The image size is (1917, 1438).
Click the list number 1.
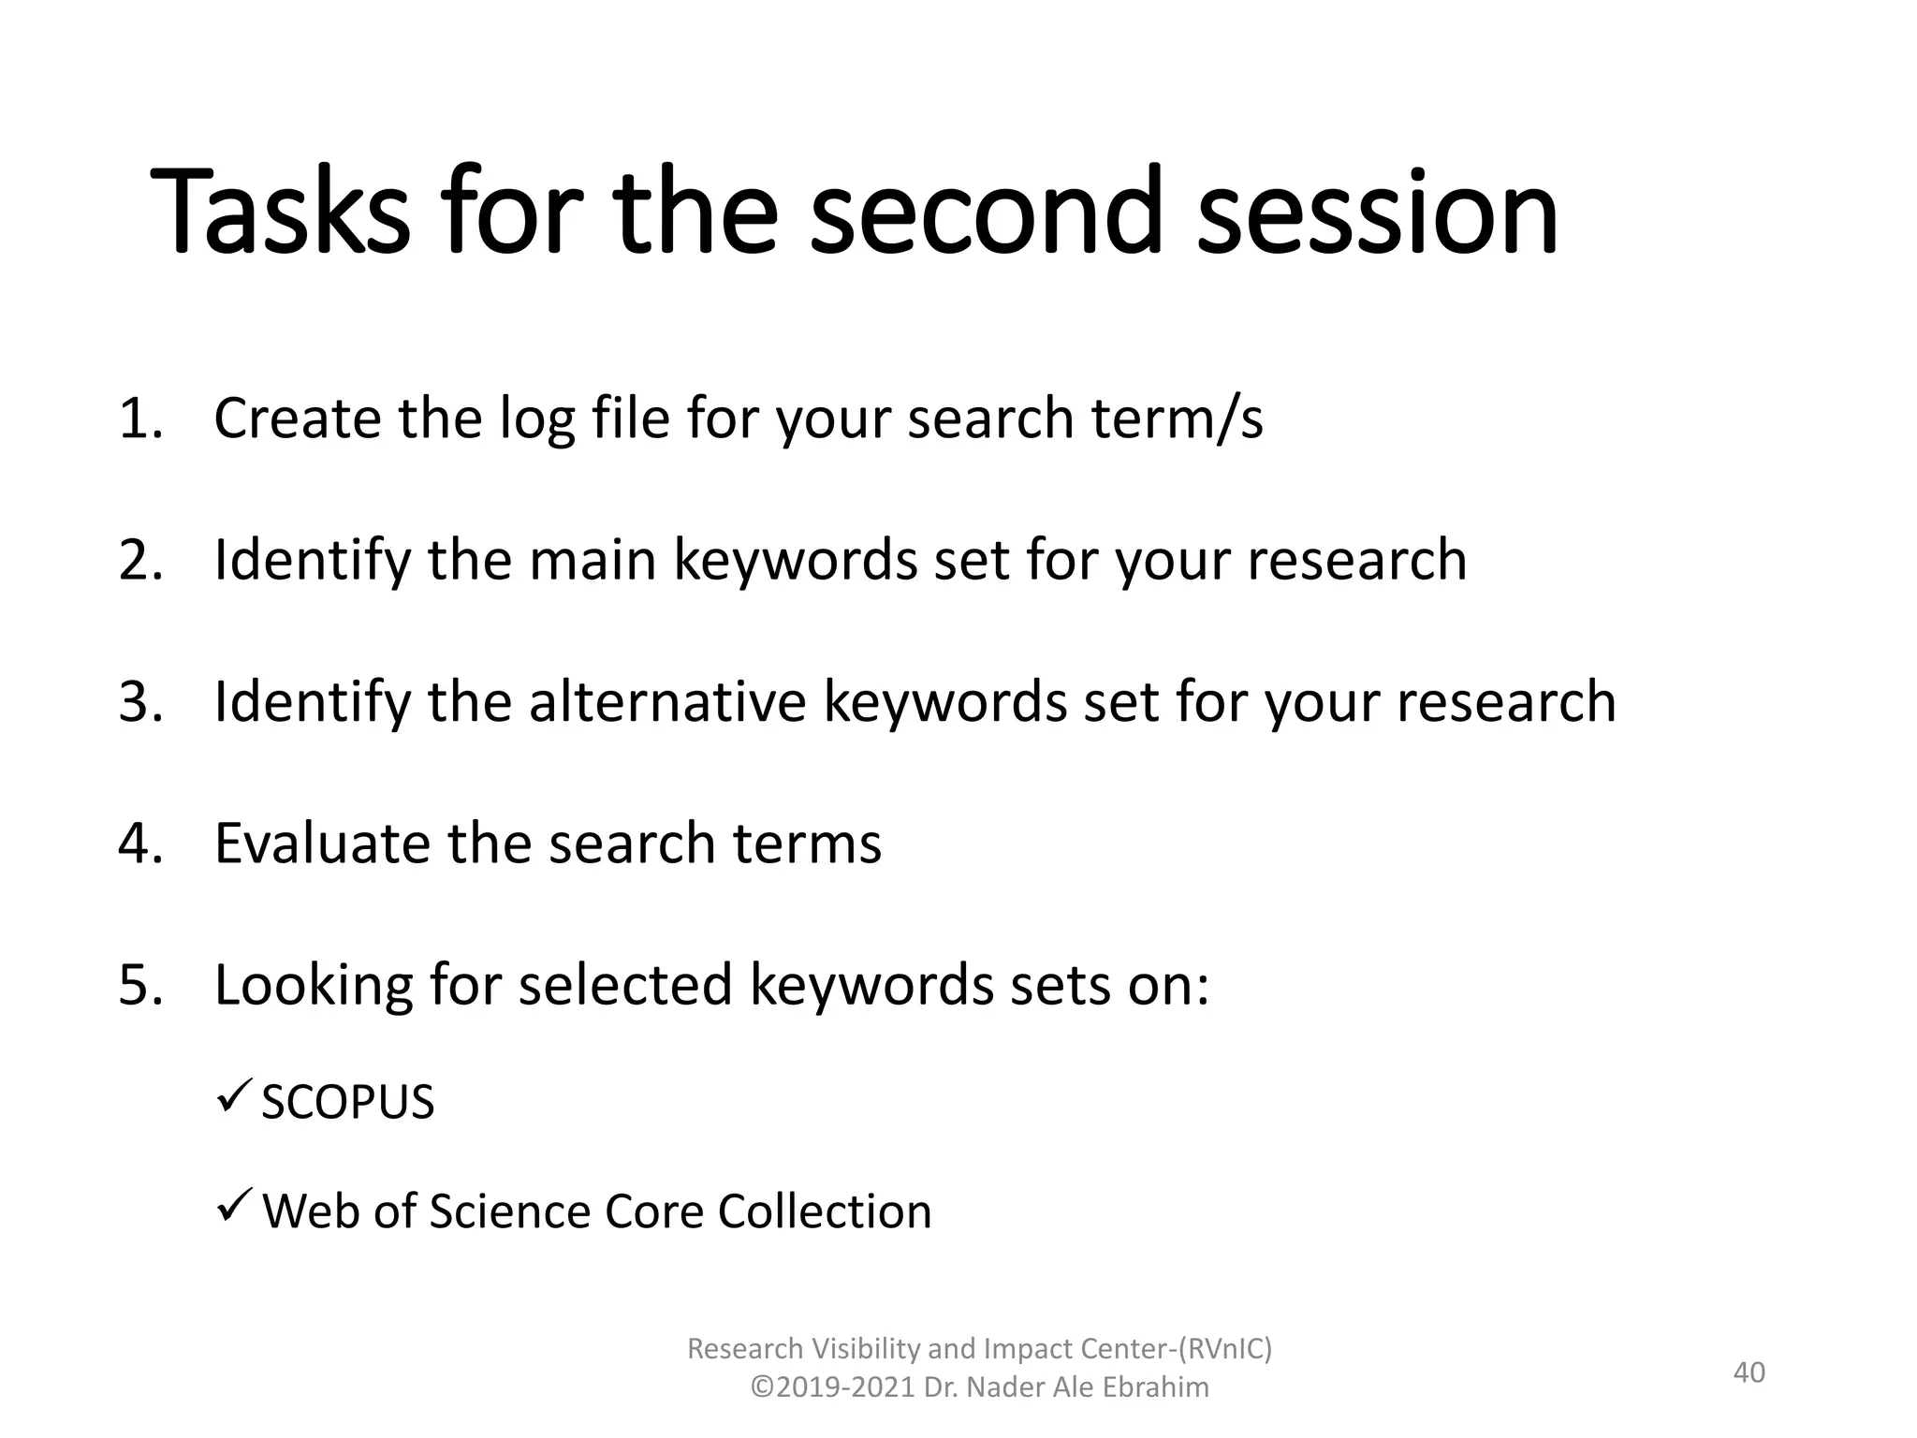(139, 418)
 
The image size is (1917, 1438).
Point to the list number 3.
(139, 701)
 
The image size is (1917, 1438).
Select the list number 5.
(139, 985)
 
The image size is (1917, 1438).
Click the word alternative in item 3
(666, 701)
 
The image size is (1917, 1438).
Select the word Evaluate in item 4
(322, 844)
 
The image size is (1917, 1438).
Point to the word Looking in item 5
(313, 987)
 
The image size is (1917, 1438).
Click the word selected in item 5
(624, 985)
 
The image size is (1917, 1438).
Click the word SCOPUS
(347, 1102)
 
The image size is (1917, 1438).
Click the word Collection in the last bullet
(825, 1211)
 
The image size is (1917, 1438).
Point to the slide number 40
(1749, 1372)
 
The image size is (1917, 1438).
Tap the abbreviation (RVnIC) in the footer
(1224, 1348)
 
